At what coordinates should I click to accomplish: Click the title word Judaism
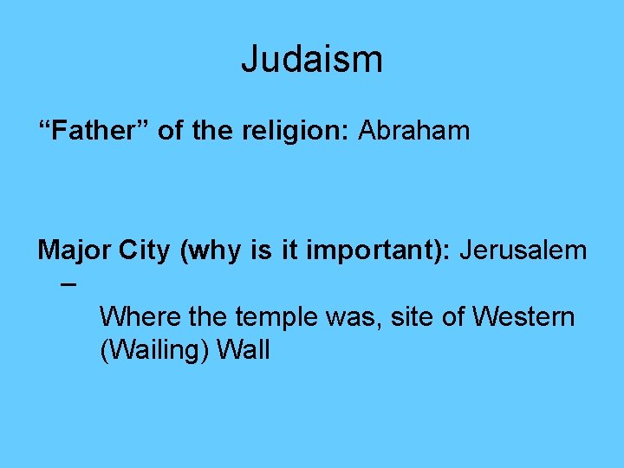click(311, 60)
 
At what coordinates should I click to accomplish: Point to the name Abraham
click(414, 131)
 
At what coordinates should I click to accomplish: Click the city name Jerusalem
click(523, 251)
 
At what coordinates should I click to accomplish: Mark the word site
click(412, 316)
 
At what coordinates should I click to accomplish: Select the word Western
click(523, 316)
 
